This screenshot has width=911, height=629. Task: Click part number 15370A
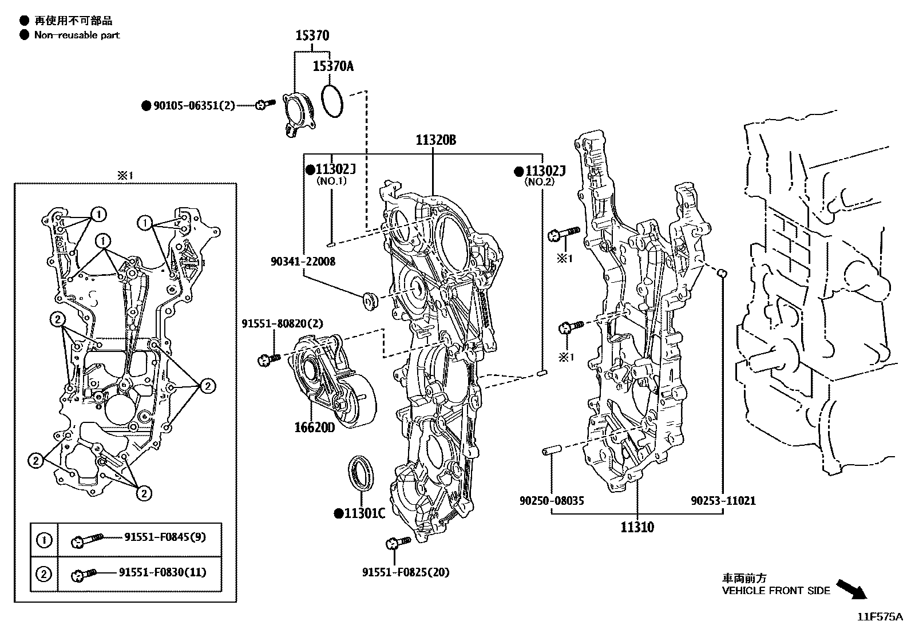point(333,66)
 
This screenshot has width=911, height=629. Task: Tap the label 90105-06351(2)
point(194,105)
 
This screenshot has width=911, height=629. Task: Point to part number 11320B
point(436,140)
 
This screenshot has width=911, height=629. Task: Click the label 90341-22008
point(303,262)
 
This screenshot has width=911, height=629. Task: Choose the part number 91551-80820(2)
point(282,324)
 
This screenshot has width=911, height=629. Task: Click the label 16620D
point(315,428)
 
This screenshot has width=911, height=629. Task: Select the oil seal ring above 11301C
point(361,473)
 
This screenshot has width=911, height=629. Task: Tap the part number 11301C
point(364,513)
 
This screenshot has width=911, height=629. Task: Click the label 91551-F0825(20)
point(406,572)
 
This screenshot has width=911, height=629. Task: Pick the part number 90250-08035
point(552,501)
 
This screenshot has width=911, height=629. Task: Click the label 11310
point(637,527)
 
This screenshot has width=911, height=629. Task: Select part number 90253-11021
point(723,501)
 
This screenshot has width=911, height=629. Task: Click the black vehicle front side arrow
point(852,589)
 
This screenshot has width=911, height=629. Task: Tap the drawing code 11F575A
point(880,617)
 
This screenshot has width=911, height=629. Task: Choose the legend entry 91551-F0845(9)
point(165,537)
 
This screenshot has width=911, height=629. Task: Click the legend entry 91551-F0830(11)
point(163,572)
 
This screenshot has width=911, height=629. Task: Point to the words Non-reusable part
point(77,35)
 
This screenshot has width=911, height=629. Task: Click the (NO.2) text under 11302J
point(540,181)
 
